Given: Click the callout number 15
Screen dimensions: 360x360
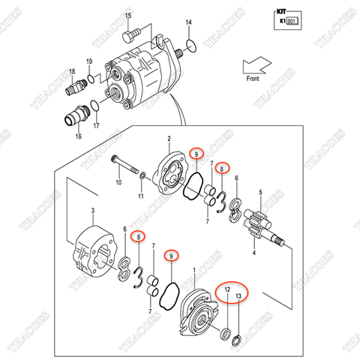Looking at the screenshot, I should pyautogui.click(x=127, y=15).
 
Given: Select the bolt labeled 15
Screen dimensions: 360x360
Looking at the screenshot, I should pyautogui.click(x=132, y=32).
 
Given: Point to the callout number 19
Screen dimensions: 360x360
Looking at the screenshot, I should pyautogui.click(x=88, y=61).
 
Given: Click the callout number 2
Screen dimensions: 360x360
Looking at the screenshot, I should pyautogui.click(x=169, y=139).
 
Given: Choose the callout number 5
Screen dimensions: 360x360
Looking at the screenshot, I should pyautogui.click(x=259, y=193).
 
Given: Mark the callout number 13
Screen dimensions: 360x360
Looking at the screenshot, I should pyautogui.click(x=239, y=296).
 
